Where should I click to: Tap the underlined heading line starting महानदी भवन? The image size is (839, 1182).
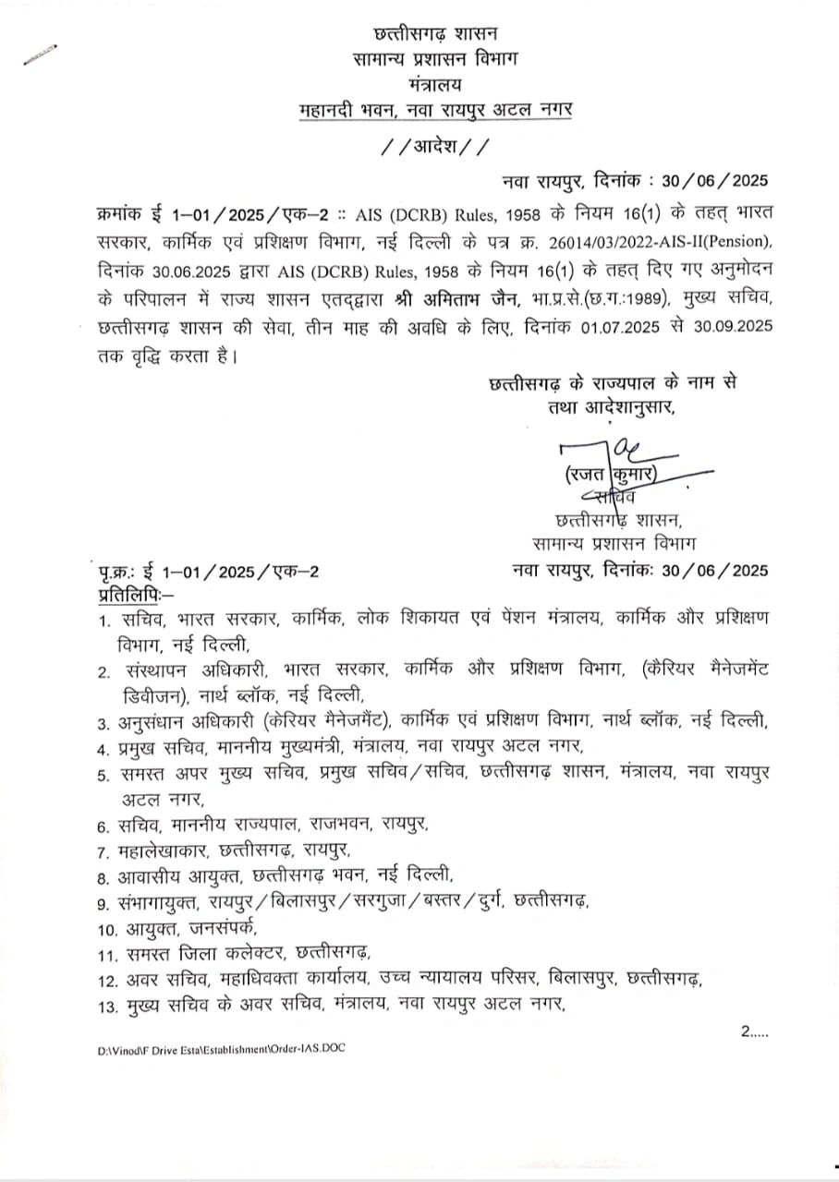(x=437, y=110)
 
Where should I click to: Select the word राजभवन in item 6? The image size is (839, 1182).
(x=339, y=824)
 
